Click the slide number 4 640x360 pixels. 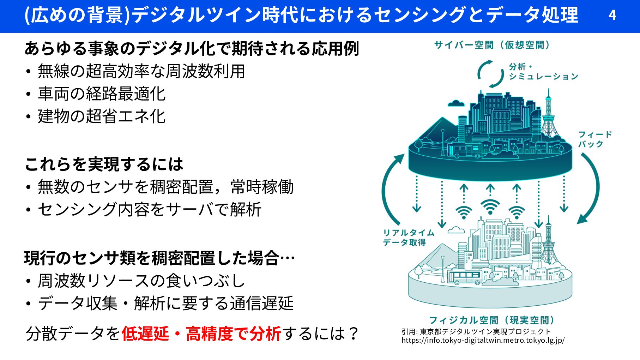(x=612, y=15)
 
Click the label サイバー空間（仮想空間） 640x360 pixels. (x=492, y=45)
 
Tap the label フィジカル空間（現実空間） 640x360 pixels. (x=491, y=320)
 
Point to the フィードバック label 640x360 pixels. (x=594, y=139)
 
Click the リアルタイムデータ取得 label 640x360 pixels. (x=408, y=237)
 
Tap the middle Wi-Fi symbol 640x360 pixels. (x=490, y=206)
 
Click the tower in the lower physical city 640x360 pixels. (x=548, y=240)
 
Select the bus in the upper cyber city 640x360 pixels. (x=464, y=150)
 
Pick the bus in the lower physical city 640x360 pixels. (x=464, y=277)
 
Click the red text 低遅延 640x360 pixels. (x=145, y=334)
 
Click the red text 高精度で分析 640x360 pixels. (x=233, y=334)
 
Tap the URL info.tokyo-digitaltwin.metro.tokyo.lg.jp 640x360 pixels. (x=483, y=340)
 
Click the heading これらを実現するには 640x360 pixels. (x=104, y=164)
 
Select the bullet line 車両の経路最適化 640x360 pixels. (x=102, y=94)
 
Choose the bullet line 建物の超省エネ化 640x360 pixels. (x=102, y=116)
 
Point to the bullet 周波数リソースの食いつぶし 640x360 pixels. (x=141, y=281)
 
